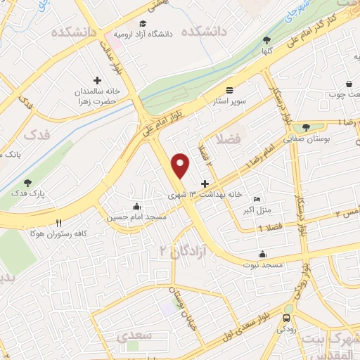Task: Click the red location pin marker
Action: point(181,165)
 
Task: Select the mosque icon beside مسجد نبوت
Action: point(262,255)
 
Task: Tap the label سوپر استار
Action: point(230,101)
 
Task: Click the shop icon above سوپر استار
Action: point(230,89)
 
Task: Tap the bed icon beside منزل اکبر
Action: point(255,199)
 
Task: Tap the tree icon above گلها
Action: point(266,41)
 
